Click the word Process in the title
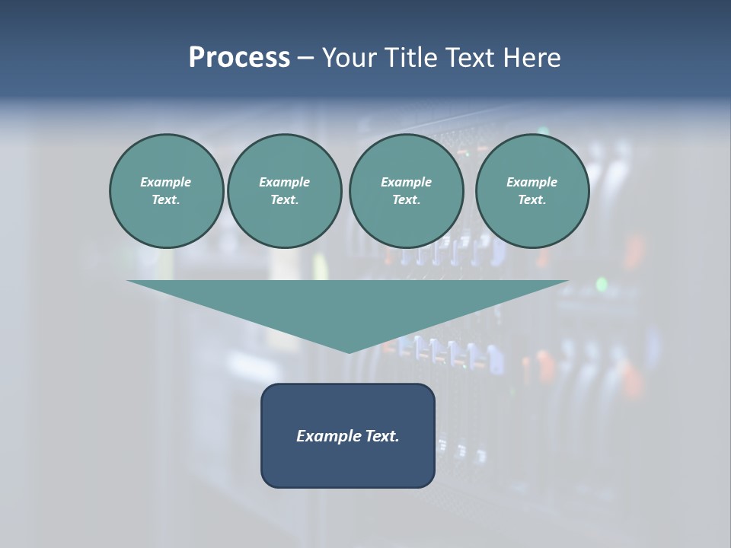(x=239, y=58)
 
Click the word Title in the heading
(x=410, y=58)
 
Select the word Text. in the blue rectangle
(x=381, y=436)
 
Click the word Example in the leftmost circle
(x=166, y=182)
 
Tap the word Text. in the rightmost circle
(x=531, y=199)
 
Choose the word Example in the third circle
(x=406, y=182)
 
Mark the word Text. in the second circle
(x=284, y=199)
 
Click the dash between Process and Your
(x=305, y=58)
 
